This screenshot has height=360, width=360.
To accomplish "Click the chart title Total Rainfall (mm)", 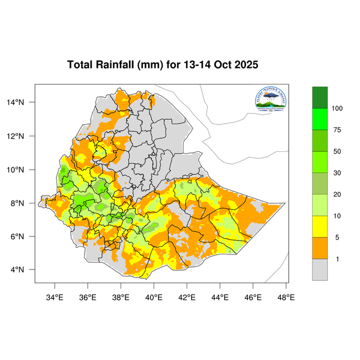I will point(163,65).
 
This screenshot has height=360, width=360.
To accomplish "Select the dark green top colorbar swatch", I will point(320,97).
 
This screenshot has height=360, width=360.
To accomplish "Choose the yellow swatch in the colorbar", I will point(320,227).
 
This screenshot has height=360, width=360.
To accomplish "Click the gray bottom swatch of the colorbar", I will point(320,269).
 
